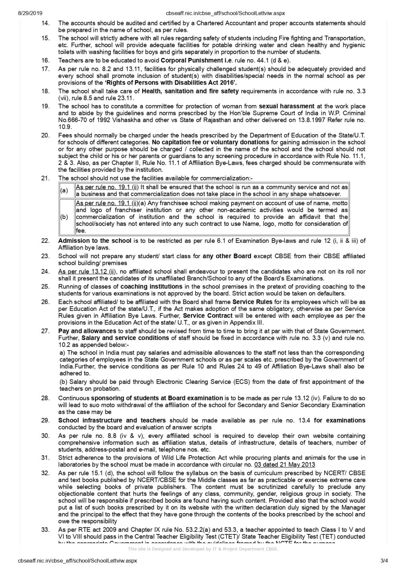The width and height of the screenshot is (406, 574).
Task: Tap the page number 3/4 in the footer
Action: pyautogui.click(x=384, y=561)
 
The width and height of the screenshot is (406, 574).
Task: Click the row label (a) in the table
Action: pyautogui.click(x=64, y=191)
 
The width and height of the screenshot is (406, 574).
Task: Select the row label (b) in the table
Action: pyautogui.click(x=64, y=217)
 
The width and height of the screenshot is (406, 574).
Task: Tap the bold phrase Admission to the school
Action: pyautogui.click(x=95, y=241)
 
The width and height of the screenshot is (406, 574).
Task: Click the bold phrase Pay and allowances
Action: pyautogui.click(x=87, y=331)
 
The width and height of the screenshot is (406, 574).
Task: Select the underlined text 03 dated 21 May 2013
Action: pyautogui.click(x=284, y=465)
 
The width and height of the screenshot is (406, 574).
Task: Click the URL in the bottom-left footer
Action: pyautogui.click(x=77, y=561)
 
